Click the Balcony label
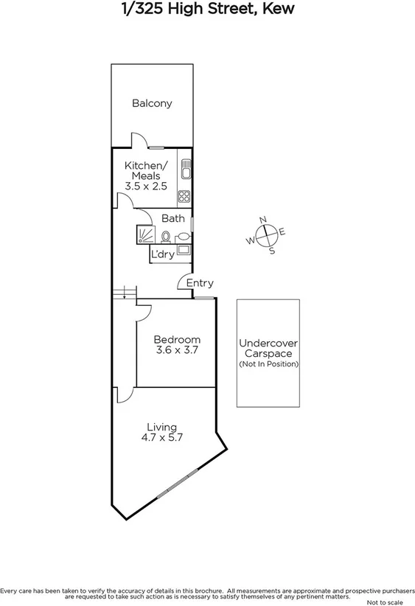pyautogui.click(x=152, y=103)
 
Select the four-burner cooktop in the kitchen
pyautogui.click(x=185, y=196)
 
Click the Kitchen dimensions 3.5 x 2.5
pyautogui.click(x=146, y=187)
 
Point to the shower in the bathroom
pyautogui.click(x=145, y=234)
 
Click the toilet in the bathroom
pyautogui.click(x=167, y=237)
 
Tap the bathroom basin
pyautogui.click(x=183, y=236)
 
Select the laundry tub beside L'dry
pyautogui.click(x=183, y=251)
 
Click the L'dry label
pyautogui.click(x=162, y=254)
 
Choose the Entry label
pyautogui.click(x=200, y=283)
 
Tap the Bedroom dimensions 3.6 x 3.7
pyautogui.click(x=177, y=350)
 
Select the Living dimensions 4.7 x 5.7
pyautogui.click(x=161, y=436)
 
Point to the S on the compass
pyautogui.click(x=272, y=251)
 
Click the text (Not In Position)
pyautogui.click(x=268, y=364)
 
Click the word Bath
pyautogui.click(x=173, y=218)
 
